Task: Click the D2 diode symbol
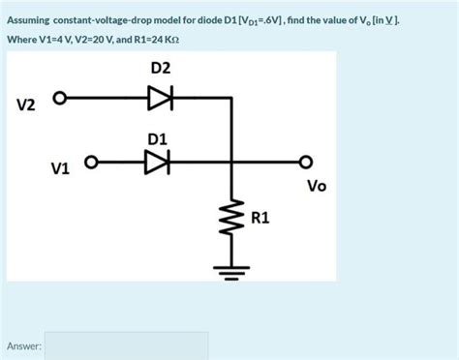tap(160, 97)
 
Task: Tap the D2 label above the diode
tap(161, 68)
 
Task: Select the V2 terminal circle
tap(59, 98)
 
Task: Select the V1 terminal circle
tap(90, 162)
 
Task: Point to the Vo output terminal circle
tap(307, 162)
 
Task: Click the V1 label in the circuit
tap(60, 168)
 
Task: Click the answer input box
tap(126, 345)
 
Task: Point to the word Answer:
tap(23, 345)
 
